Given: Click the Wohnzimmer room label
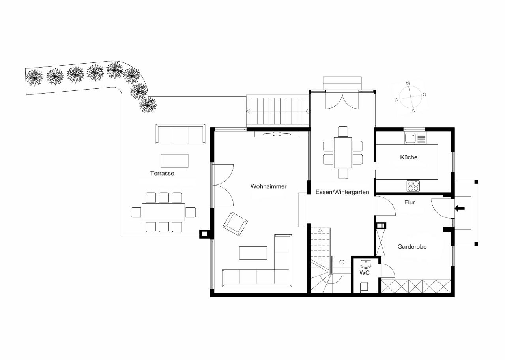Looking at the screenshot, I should (x=268, y=186).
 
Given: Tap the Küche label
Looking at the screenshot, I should (x=408, y=157).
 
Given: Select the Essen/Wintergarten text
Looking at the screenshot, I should (x=342, y=192).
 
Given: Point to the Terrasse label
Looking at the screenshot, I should (x=162, y=173).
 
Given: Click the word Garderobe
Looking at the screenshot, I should (x=412, y=247).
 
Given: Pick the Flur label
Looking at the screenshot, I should (x=410, y=202).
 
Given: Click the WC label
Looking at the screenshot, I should (x=364, y=273).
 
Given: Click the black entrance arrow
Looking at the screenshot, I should (x=460, y=208).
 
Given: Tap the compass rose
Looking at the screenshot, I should (x=410, y=97).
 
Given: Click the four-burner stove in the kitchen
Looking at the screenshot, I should (x=413, y=186).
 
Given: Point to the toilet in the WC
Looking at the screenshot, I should (x=365, y=287).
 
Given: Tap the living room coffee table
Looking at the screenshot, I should (x=253, y=253).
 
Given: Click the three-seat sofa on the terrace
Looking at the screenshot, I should (x=180, y=134).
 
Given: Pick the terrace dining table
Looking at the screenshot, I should (x=163, y=212).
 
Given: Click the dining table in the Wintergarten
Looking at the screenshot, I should (x=343, y=152).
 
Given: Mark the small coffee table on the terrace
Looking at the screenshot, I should (x=174, y=161).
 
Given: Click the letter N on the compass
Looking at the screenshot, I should (x=408, y=83).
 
